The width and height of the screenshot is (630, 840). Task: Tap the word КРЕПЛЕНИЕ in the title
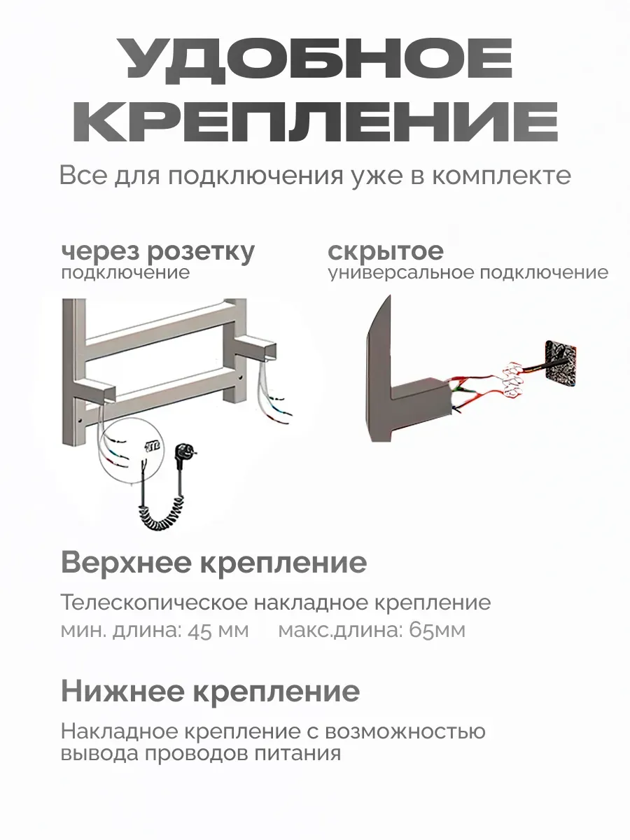(315, 121)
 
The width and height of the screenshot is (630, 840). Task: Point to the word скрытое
(385, 251)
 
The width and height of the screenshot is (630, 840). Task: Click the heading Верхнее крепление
(213, 563)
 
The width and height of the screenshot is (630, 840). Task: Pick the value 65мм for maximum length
(437, 630)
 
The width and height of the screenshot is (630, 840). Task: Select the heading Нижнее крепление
(210, 692)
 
